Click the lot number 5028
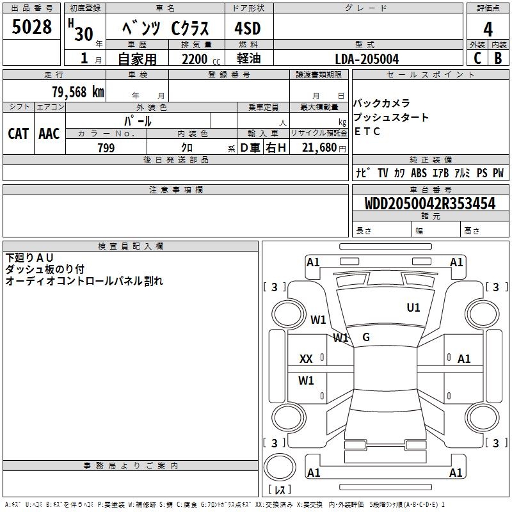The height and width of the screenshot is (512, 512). pos(31,28)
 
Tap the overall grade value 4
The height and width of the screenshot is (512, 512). pos(488,29)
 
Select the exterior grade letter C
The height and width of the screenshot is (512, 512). pos(477,58)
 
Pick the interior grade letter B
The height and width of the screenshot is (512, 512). pos(498,58)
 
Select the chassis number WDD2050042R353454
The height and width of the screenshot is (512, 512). pos(429,204)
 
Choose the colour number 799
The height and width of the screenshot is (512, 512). pos(106,148)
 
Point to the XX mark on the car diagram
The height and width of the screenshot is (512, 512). pos(307,359)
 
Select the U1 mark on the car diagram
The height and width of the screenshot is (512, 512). pos(413,308)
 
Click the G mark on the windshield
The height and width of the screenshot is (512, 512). pos(366,337)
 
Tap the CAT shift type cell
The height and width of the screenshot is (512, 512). pos(19,133)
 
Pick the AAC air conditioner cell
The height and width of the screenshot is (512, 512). pos(49,133)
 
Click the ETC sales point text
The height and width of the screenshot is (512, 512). pos(367,132)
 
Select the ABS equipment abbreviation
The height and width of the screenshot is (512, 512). pos(419,173)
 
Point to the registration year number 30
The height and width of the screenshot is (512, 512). pos(84,33)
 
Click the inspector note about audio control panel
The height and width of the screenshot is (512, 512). pos(84,281)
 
